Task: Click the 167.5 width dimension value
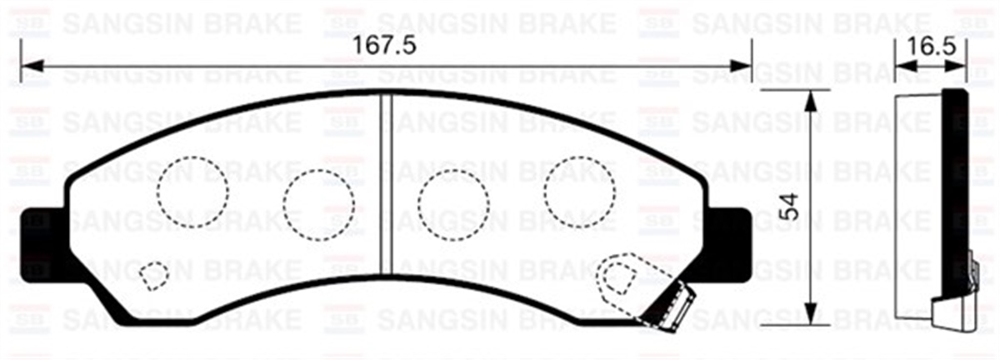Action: click(385, 46)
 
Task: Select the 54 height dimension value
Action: click(791, 206)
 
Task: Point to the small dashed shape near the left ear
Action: click(152, 274)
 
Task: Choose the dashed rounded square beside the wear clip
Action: click(619, 274)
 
